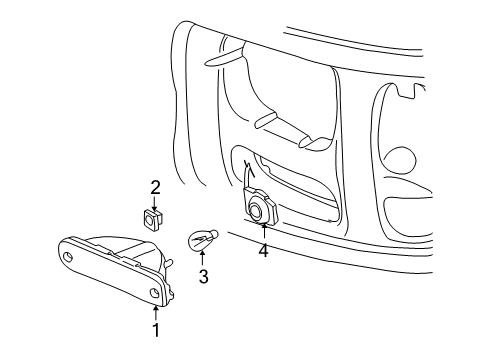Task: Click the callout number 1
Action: (155, 328)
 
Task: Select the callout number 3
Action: (202, 277)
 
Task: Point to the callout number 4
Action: (264, 250)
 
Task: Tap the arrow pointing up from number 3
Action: (202, 259)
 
